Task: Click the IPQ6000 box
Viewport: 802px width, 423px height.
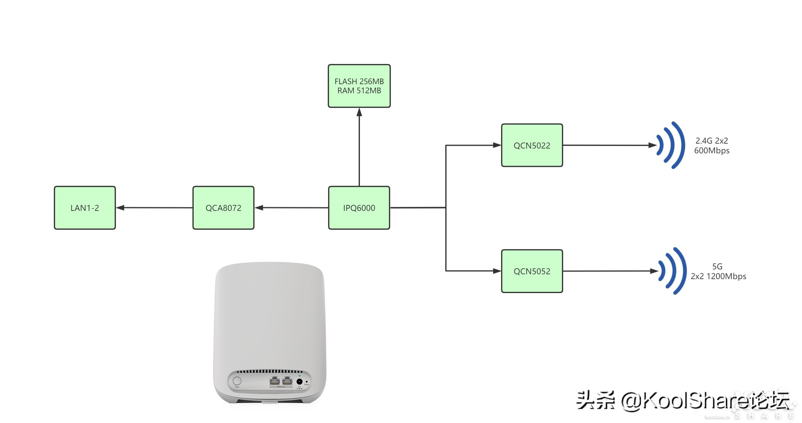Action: point(359,208)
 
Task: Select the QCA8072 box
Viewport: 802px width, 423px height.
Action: point(223,208)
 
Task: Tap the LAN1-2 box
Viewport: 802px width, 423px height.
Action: point(85,208)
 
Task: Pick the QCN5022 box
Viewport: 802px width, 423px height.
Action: point(532,145)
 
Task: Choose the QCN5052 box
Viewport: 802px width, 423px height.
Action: point(532,271)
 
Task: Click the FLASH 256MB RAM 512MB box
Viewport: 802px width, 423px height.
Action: point(359,86)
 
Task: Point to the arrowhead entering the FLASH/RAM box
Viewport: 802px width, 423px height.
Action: point(359,112)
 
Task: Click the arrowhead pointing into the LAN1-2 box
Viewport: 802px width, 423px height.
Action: point(120,208)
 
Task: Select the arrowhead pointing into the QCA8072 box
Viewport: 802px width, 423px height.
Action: point(259,208)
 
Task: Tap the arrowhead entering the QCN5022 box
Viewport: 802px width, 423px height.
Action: point(497,145)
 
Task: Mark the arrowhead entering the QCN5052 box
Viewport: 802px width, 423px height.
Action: point(497,271)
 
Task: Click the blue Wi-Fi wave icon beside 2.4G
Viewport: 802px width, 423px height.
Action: point(671,145)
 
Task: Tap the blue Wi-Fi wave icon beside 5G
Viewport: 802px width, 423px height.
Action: point(673,271)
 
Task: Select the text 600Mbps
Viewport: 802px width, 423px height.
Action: point(711,151)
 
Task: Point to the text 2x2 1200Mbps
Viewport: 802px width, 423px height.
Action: point(718,276)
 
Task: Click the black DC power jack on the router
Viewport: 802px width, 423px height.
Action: point(299,381)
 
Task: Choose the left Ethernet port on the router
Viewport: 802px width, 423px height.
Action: point(275,381)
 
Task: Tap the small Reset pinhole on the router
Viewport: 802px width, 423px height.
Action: point(307,381)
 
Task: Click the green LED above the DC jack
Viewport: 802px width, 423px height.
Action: point(300,376)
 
